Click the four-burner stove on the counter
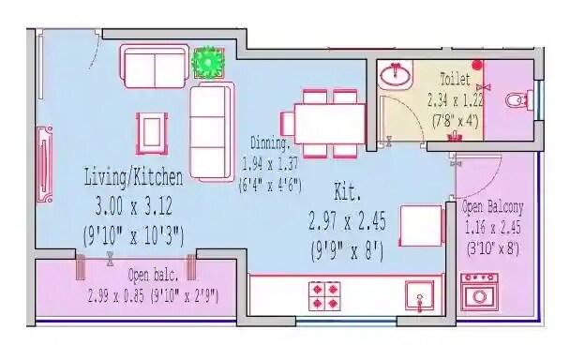tap(325, 295)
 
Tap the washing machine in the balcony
tap(482, 290)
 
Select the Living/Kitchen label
tap(133, 175)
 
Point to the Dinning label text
tap(270, 143)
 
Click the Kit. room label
tap(347, 194)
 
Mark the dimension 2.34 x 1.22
tap(457, 100)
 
